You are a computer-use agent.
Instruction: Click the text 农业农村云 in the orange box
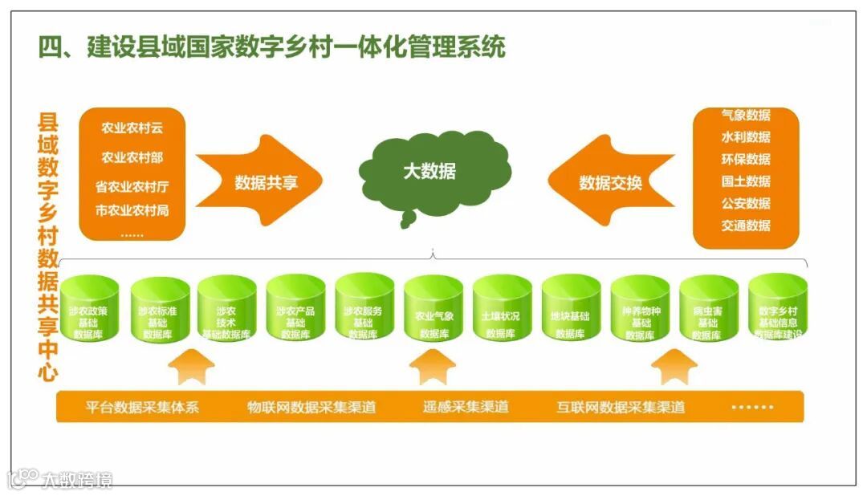(132, 128)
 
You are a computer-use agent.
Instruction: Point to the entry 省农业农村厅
(132, 187)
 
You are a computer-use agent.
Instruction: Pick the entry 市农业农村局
(132, 211)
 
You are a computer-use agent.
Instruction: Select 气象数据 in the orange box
(746, 116)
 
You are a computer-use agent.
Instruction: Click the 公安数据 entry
(746, 203)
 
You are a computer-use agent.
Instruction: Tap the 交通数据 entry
(746, 226)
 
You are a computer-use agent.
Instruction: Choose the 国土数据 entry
(746, 181)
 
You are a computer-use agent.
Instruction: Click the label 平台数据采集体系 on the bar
(142, 407)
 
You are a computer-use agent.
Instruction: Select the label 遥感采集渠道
(466, 407)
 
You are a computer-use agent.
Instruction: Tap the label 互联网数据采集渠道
(621, 407)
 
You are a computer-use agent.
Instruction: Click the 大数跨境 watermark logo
(60, 480)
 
